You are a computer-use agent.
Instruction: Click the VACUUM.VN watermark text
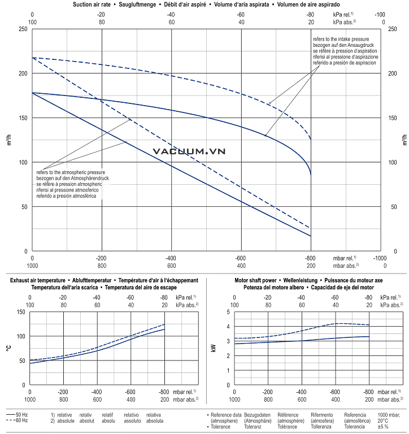pos(189,151)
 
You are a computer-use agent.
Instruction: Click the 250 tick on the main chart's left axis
pos(23,29)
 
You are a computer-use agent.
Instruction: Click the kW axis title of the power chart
pos(213,348)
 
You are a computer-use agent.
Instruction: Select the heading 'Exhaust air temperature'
pos(33,280)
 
